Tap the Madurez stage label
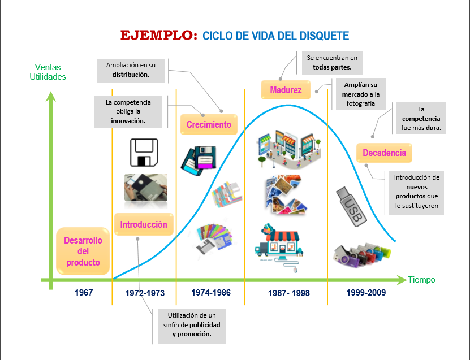pos(286,90)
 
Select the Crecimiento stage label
pos(209,124)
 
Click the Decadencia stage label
pos(384,153)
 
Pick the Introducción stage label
pos(144,224)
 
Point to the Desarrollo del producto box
pos(83,251)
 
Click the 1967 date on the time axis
pos(83,293)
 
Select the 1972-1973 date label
pos(145,293)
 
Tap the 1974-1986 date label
pos(210,293)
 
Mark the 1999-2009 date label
pos(365,293)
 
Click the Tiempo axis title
pos(422,280)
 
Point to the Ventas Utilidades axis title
pos(48,72)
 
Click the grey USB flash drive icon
pos(349,207)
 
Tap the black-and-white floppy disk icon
pos(145,152)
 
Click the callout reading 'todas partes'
pos(332,62)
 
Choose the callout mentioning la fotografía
pos(361,94)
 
